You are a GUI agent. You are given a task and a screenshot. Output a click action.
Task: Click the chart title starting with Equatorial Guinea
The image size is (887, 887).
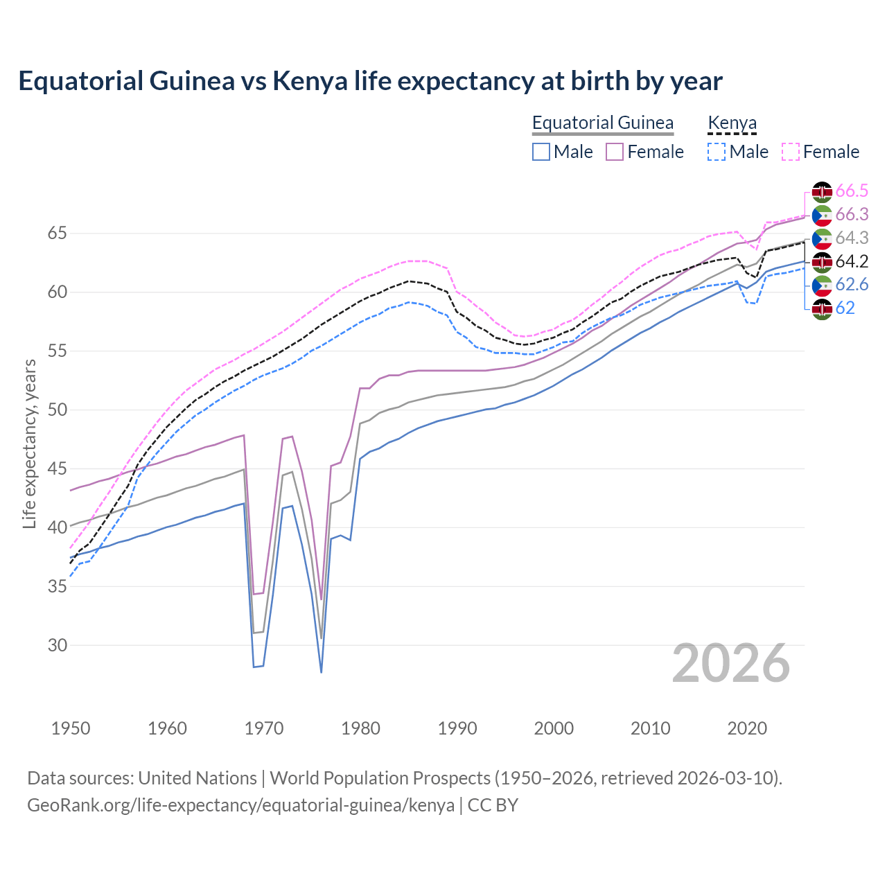[370, 81]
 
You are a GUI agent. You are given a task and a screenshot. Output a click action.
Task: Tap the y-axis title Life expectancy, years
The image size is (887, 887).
[29, 443]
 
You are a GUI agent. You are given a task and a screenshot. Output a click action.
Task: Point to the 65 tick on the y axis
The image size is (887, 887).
[57, 233]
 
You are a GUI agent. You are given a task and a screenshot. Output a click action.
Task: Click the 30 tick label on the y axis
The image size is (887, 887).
[57, 645]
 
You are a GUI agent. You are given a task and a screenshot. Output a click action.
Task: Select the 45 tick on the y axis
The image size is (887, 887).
[57, 468]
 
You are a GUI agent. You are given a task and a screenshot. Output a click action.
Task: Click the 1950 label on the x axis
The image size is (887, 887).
[71, 728]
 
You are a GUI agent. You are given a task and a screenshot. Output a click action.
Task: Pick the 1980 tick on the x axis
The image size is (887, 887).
[360, 728]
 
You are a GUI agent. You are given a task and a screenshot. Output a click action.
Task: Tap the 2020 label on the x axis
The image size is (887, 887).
[747, 728]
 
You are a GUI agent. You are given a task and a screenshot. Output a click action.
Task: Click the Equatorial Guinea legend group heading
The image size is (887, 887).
[602, 123]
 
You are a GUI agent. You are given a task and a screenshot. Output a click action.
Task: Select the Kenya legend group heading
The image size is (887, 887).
[732, 123]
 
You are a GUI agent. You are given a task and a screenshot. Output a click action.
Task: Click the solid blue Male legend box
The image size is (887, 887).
[541, 152]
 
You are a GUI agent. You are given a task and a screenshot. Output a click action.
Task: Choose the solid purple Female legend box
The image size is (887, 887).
[615, 152]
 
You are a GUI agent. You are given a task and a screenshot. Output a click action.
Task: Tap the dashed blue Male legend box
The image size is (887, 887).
[717, 152]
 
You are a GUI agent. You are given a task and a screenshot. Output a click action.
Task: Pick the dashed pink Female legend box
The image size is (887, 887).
[790, 152]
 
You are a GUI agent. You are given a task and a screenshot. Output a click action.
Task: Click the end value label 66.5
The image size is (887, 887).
[852, 191]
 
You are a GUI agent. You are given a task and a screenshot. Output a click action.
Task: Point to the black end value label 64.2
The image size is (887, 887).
[852, 261]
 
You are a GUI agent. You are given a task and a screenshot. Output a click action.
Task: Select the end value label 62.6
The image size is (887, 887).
[852, 285]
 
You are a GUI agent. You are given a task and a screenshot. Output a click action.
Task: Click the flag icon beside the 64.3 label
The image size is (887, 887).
[822, 238]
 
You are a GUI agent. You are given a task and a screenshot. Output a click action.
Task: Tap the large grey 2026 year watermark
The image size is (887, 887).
[730, 663]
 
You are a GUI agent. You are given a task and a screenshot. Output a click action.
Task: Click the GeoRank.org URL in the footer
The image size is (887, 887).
[240, 805]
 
